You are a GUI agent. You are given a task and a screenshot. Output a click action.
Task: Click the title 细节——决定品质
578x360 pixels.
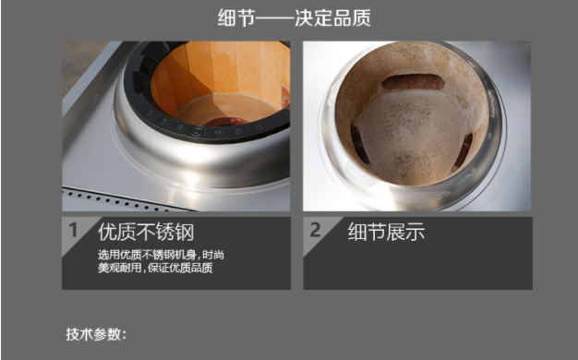click(294, 18)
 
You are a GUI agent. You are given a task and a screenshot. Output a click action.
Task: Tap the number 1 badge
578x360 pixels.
click(73, 230)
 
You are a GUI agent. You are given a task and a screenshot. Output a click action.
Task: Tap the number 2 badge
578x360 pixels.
click(315, 230)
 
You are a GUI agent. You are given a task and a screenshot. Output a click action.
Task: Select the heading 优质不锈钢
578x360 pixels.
click(146, 232)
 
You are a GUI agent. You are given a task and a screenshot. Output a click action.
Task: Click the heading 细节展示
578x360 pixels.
click(386, 232)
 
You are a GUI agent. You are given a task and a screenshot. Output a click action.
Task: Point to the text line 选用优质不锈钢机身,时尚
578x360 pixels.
click(161, 255)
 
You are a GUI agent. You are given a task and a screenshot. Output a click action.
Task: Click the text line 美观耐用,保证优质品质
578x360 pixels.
click(155, 268)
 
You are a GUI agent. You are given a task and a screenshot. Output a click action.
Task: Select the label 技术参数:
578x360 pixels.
click(96, 334)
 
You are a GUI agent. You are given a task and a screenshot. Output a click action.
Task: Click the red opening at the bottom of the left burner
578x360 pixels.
click(226, 122)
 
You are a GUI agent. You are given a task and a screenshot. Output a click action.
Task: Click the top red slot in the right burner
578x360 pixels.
click(414, 82)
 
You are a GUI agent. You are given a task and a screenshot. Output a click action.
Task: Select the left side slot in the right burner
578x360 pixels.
click(359, 144)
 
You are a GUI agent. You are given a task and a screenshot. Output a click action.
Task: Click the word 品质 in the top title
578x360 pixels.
click(352, 18)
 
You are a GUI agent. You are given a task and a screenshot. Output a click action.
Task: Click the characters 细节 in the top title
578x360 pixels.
click(236, 18)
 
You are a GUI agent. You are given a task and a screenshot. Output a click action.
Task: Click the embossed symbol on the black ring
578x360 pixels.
click(197, 131)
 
